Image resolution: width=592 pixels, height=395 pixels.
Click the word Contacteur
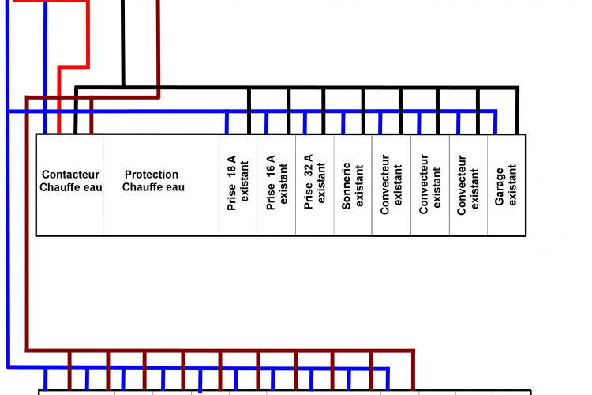tap(71, 175)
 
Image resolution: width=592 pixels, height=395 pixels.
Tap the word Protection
tap(152, 175)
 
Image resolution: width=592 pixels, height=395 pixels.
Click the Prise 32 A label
tap(308, 182)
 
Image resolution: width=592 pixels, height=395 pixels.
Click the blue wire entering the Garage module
tap(496, 123)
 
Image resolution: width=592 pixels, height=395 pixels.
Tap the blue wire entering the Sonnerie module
tap(343, 123)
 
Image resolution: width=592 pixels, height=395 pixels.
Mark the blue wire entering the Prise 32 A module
tap(305, 123)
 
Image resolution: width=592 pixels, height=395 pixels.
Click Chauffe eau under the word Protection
tap(154, 187)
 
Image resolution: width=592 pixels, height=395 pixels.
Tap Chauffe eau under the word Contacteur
tap(71, 187)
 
